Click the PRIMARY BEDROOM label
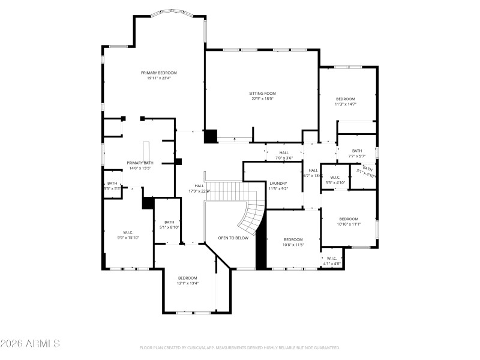pyautogui.click(x=159, y=73)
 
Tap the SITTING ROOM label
pyautogui.click(x=262, y=94)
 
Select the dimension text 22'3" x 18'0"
pyautogui.click(x=262, y=99)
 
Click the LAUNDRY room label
pyautogui.click(x=278, y=184)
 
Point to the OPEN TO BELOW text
pyautogui.click(x=233, y=238)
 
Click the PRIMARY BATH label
pyautogui.click(x=140, y=163)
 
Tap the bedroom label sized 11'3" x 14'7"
pyautogui.click(x=346, y=99)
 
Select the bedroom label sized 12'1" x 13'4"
pyautogui.click(x=187, y=278)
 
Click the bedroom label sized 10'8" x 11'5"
pyautogui.click(x=293, y=239)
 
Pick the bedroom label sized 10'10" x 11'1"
pyautogui.click(x=349, y=219)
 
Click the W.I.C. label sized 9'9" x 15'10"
pyautogui.click(x=128, y=232)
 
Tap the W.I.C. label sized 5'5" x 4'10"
pyautogui.click(x=335, y=177)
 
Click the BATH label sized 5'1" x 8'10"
pyautogui.click(x=169, y=222)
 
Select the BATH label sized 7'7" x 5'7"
pyautogui.click(x=357, y=151)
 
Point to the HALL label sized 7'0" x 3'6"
pyautogui.click(x=284, y=153)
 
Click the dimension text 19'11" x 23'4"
pyautogui.click(x=159, y=78)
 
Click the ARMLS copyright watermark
pyautogui.click(x=30, y=344)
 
